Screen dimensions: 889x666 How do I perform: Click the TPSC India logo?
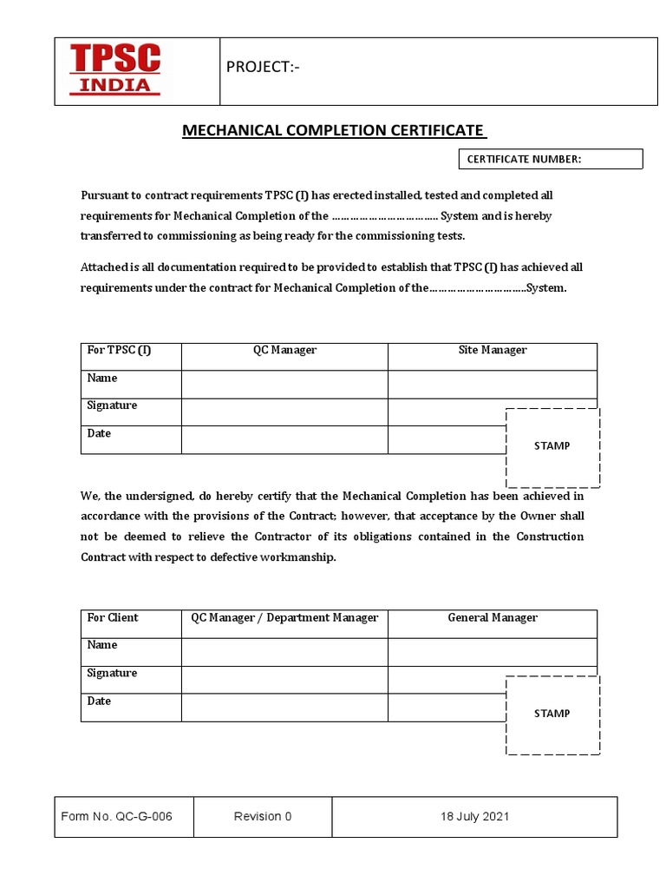(x=115, y=70)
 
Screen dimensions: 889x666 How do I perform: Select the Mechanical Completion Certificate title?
(x=334, y=130)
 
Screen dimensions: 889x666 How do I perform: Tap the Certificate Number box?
(x=549, y=159)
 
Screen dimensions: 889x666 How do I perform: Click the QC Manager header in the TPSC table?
(x=284, y=350)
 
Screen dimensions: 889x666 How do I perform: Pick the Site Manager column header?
(x=492, y=350)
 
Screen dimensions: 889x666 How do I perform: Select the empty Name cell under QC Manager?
(x=284, y=384)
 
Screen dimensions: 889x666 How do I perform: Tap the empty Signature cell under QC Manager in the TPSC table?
(x=284, y=412)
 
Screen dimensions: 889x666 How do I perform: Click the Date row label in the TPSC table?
(x=100, y=433)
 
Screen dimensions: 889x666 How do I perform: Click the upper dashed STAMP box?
(x=552, y=446)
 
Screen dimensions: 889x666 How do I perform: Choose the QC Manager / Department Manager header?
(x=284, y=617)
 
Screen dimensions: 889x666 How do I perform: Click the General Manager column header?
(x=492, y=617)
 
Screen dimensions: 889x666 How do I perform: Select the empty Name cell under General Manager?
(x=492, y=651)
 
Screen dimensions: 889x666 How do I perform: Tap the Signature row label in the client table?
(x=112, y=673)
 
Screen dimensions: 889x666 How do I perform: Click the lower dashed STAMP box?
(x=552, y=714)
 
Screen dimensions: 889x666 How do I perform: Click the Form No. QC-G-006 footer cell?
(x=123, y=816)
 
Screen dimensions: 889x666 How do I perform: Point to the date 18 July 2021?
(x=474, y=816)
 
